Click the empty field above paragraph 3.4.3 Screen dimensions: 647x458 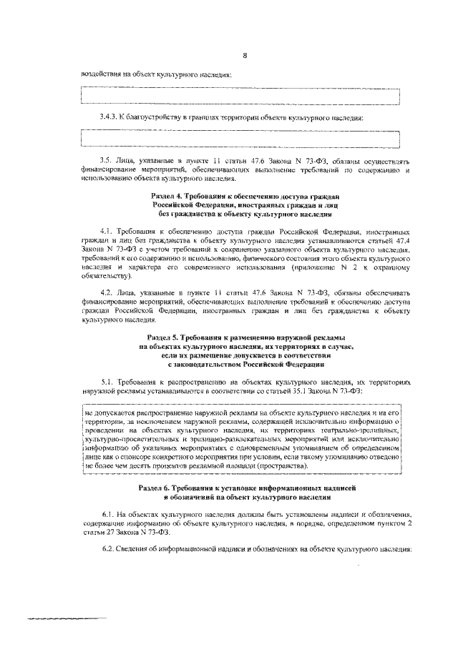coord(240,95)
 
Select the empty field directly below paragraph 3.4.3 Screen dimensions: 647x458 coord(240,137)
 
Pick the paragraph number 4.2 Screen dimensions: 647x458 coord(108,292)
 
